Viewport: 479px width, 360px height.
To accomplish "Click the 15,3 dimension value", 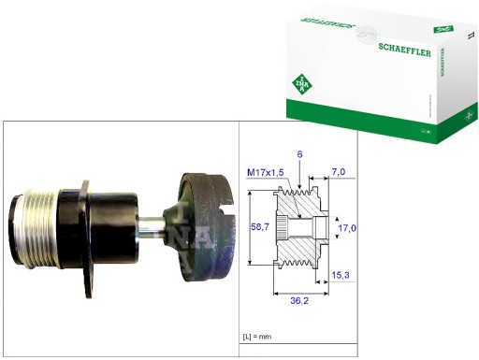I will click(x=343, y=276).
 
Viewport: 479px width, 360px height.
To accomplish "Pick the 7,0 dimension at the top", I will click(x=340, y=173).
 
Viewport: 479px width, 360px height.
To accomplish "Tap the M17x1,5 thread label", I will click(x=267, y=173).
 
